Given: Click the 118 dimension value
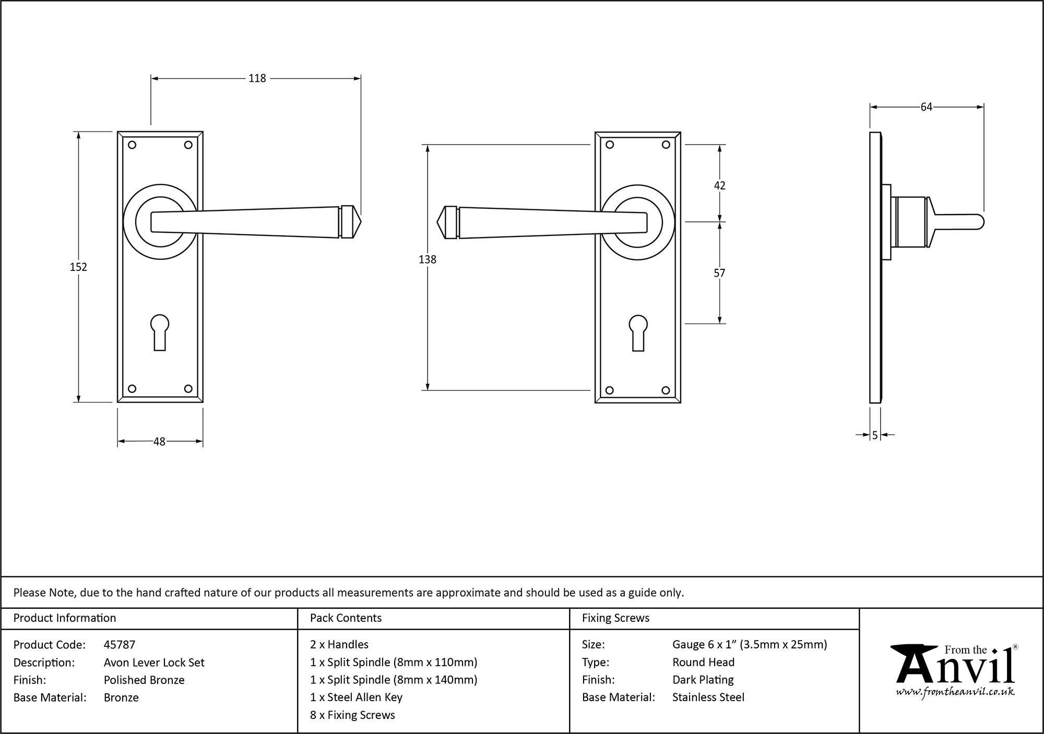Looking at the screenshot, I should (x=257, y=78).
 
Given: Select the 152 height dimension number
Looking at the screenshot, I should (x=78, y=267).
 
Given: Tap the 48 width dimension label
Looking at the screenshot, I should (x=159, y=442).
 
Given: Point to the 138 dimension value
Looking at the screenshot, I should (x=427, y=259).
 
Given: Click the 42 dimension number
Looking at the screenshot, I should (x=719, y=185).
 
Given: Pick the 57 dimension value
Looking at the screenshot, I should (x=719, y=273).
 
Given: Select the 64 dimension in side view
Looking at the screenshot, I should (x=926, y=107).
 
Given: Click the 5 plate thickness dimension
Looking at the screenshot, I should (x=875, y=435).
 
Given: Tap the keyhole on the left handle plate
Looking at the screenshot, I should (x=160, y=331).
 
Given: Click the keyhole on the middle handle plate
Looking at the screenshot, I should (x=637, y=332).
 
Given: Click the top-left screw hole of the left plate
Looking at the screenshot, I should (x=132, y=145).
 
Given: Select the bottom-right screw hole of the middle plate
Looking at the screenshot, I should (x=666, y=390).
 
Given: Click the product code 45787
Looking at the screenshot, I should (x=120, y=645).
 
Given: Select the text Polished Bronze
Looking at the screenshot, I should (x=144, y=680).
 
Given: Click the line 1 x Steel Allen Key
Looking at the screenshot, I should (x=356, y=697).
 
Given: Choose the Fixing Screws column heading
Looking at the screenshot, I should (x=615, y=618).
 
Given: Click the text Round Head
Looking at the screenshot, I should (x=703, y=662).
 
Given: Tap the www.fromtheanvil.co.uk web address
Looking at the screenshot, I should (x=955, y=692).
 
